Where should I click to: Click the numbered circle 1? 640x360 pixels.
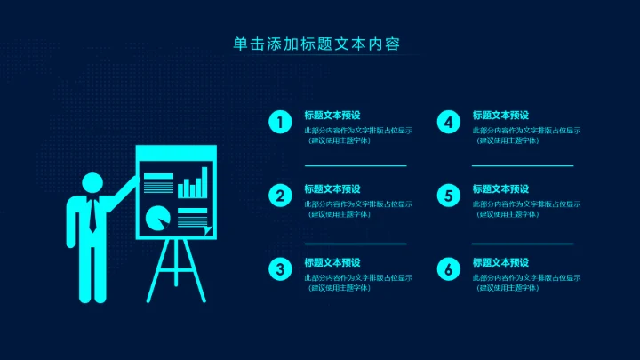click(281, 123)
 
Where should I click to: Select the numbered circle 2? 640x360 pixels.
click(281, 196)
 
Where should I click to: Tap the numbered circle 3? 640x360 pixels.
click(281, 269)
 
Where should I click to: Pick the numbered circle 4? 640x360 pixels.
click(449, 123)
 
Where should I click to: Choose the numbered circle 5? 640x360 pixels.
click(449, 196)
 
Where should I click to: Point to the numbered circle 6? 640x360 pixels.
click(449, 269)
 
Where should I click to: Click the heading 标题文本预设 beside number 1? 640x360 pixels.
click(332, 116)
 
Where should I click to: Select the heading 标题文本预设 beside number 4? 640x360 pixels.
click(500, 116)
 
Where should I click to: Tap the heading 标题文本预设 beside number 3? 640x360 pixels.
click(332, 263)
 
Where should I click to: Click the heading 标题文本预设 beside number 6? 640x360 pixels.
click(500, 263)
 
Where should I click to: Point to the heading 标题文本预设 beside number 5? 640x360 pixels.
click(500, 189)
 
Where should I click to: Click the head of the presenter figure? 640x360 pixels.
click(92, 183)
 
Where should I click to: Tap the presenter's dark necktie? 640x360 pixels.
click(92, 215)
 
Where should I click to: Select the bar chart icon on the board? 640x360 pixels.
click(193, 186)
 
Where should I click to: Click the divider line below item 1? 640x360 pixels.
click(356, 165)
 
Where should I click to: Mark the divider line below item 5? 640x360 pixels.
click(523, 243)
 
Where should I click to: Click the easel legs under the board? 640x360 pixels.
click(175, 271)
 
